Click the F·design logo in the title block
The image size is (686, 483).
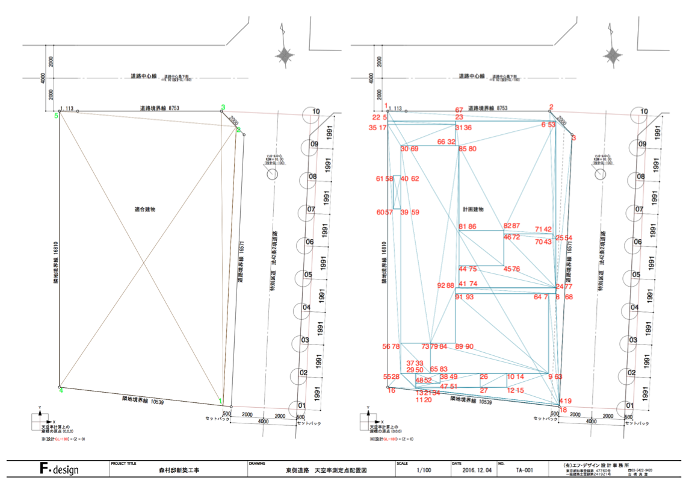click(58, 469)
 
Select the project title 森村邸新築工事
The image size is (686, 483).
click(180, 470)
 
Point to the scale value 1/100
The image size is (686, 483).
click(423, 470)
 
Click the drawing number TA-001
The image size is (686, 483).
click(525, 470)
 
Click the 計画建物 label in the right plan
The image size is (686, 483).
click(472, 209)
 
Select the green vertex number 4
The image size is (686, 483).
click(60, 390)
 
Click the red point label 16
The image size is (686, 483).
click(392, 390)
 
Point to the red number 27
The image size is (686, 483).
click(483, 390)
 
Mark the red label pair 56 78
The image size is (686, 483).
click(391, 346)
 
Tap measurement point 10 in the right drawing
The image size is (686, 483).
click(644, 111)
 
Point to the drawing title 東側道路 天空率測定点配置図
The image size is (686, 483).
click(326, 470)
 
